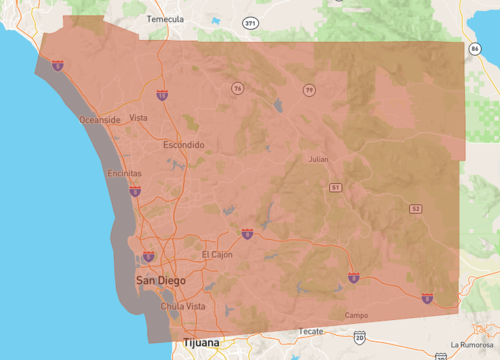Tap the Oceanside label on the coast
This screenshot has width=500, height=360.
[100, 120]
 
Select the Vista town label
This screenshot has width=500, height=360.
[139, 117]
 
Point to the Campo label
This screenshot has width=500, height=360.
[356, 315]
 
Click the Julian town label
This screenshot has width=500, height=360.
[318, 159]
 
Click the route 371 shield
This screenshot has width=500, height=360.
[247, 21]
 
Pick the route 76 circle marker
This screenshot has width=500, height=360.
[238, 89]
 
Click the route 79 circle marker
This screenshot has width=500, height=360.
[310, 91]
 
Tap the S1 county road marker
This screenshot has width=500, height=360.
[336, 187]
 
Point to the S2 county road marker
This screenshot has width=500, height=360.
[415, 208]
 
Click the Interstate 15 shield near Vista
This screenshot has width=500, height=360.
[161, 95]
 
